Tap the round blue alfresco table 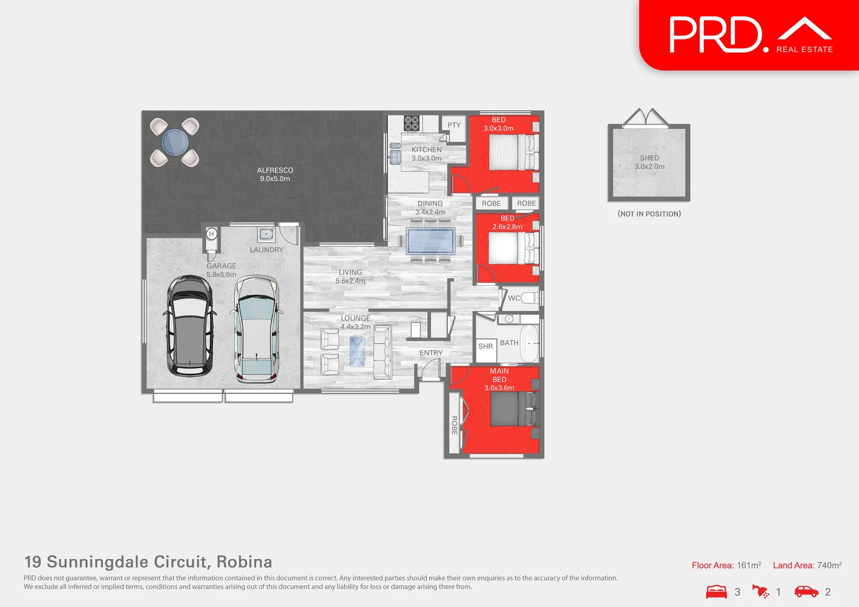pyautogui.click(x=175, y=142)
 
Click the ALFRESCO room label pyautogui.click(x=275, y=174)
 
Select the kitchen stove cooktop pyautogui.click(x=412, y=123)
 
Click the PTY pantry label pyautogui.click(x=454, y=125)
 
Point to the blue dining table pyautogui.click(x=431, y=241)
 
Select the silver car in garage pyautogui.click(x=257, y=329)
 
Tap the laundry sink pyautogui.click(x=266, y=234)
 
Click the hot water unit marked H pyautogui.click(x=211, y=234)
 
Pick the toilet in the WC pyautogui.click(x=529, y=298)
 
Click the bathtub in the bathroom pyautogui.click(x=529, y=343)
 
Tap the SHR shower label pyautogui.click(x=486, y=346)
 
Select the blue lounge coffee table pyautogui.click(x=356, y=351)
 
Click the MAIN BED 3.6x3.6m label pyautogui.click(x=499, y=379)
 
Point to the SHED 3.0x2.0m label pyautogui.click(x=649, y=162)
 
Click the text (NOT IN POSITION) pyautogui.click(x=649, y=214)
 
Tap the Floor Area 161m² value pyautogui.click(x=749, y=565)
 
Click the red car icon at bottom pyautogui.click(x=806, y=591)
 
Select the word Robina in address pyautogui.click(x=244, y=562)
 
